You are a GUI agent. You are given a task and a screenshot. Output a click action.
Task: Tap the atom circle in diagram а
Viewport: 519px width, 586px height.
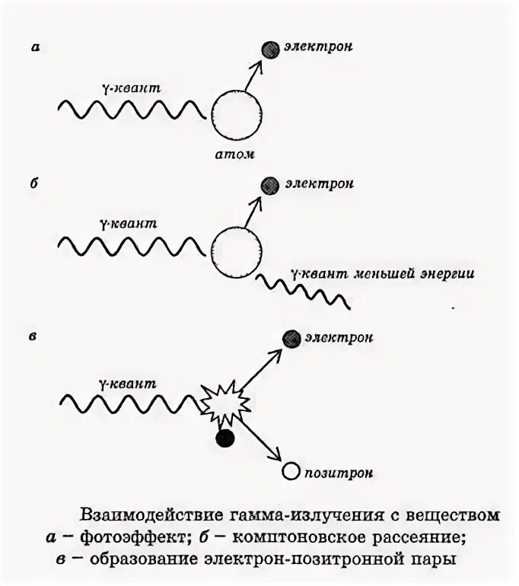pyautogui.click(x=238, y=113)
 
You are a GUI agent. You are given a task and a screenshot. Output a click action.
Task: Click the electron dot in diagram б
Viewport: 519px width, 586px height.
pyautogui.click(x=267, y=184)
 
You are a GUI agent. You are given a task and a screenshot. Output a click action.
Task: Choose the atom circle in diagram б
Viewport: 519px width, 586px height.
pyautogui.click(x=237, y=248)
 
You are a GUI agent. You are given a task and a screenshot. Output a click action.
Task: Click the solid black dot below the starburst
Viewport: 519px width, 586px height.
pyautogui.click(x=224, y=438)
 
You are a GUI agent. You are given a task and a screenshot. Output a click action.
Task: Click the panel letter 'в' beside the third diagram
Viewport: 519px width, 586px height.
pyautogui.click(x=34, y=336)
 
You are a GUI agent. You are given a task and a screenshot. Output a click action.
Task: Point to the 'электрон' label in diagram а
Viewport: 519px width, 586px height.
pyautogui.click(x=319, y=47)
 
